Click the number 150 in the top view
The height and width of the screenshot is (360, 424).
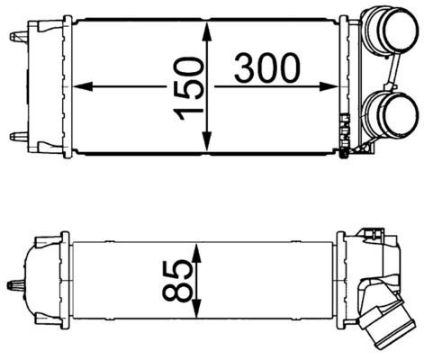click(x=187, y=87)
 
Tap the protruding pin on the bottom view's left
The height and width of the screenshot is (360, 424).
click(x=15, y=286)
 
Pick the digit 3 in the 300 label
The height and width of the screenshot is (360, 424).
click(x=248, y=67)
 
